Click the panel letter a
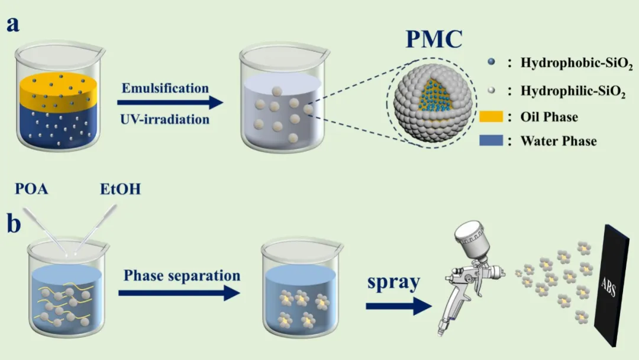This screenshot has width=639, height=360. pyautogui.click(x=12, y=24)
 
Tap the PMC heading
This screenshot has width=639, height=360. pyautogui.click(x=434, y=38)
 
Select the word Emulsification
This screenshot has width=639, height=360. pyautogui.click(x=165, y=88)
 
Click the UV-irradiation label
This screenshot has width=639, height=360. pyautogui.click(x=164, y=119)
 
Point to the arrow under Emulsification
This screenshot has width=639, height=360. pyautogui.click(x=170, y=102)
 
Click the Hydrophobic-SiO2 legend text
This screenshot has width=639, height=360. pyautogui.click(x=577, y=63)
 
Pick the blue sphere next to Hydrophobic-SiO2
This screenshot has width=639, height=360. pyautogui.click(x=492, y=62)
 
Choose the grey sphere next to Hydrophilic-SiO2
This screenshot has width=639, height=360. pyautogui.click(x=492, y=90)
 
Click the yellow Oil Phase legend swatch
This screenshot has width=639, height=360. pyautogui.click(x=490, y=117)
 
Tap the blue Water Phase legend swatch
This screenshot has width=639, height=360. pyautogui.click(x=490, y=141)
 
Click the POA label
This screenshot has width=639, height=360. pyautogui.click(x=31, y=189)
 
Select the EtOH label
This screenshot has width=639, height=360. pyautogui.click(x=120, y=189)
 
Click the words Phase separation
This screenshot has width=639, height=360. pyautogui.click(x=182, y=275)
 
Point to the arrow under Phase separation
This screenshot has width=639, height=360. pyautogui.click(x=179, y=292)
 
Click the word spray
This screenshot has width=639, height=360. pyautogui.click(x=393, y=282)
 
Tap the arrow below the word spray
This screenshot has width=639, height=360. pyautogui.click(x=399, y=306)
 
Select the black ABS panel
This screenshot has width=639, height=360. pyautogui.click(x=609, y=285)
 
